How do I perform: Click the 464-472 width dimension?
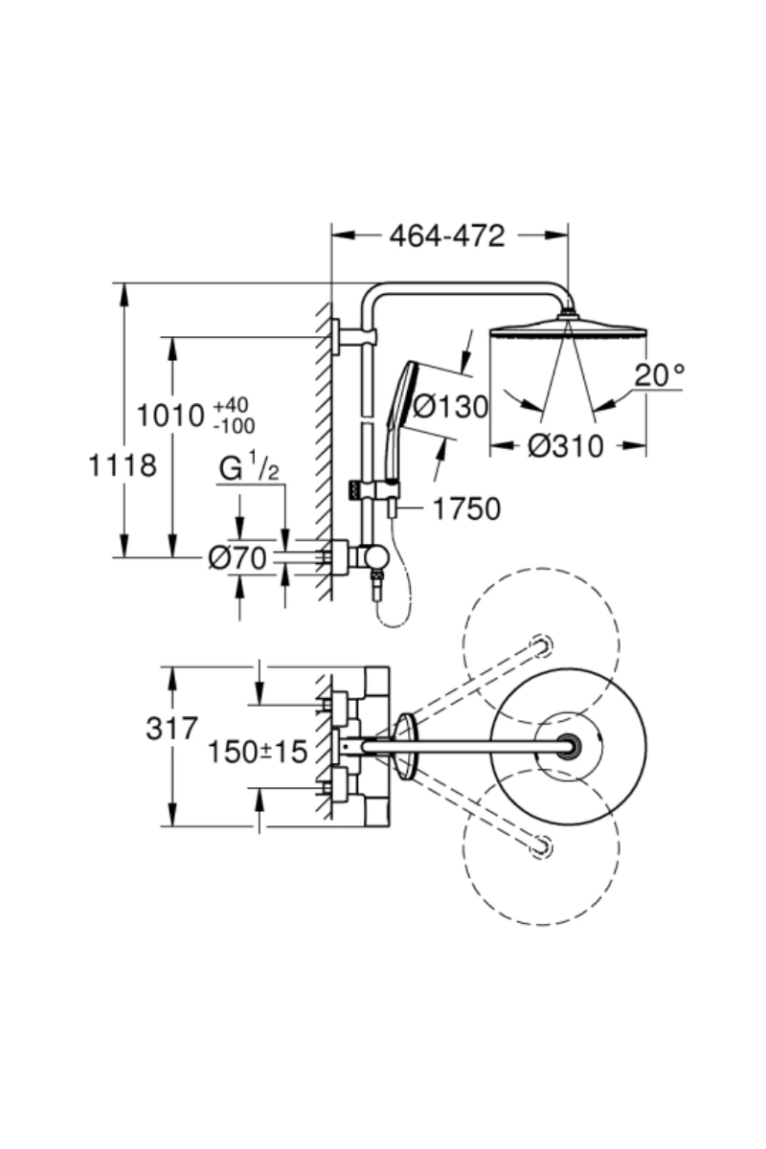click(446, 237)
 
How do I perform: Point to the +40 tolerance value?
click(225, 406)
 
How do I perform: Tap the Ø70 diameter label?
click(237, 557)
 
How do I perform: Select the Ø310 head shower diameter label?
click(567, 445)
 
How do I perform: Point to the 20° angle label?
click(661, 375)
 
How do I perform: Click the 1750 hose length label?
click(466, 509)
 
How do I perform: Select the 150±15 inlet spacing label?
click(258, 752)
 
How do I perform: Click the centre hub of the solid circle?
click(571, 744)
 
